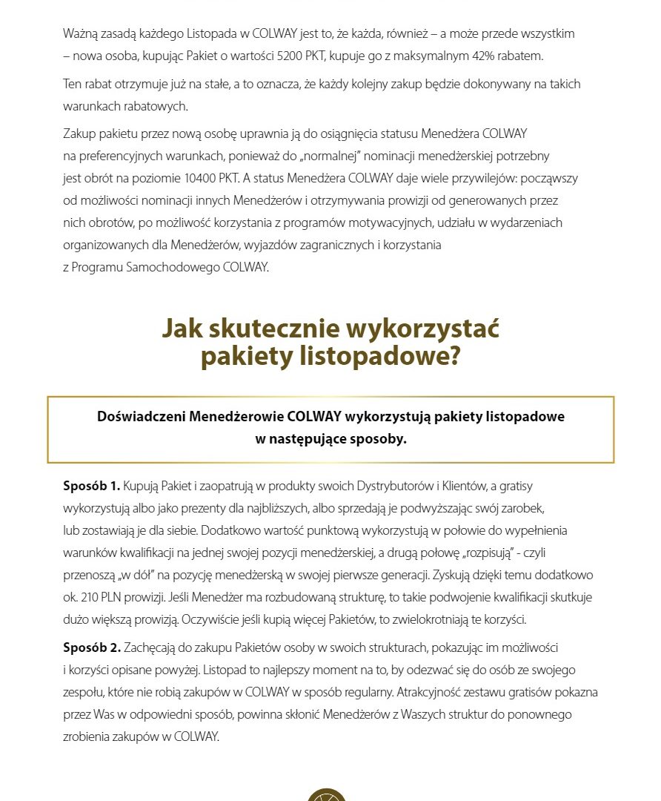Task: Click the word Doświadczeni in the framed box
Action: pos(142,416)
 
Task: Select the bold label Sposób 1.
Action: pos(91,487)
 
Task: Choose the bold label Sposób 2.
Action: pos(91,647)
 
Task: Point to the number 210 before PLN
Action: pos(90,598)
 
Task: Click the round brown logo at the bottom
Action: pos(327,795)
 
